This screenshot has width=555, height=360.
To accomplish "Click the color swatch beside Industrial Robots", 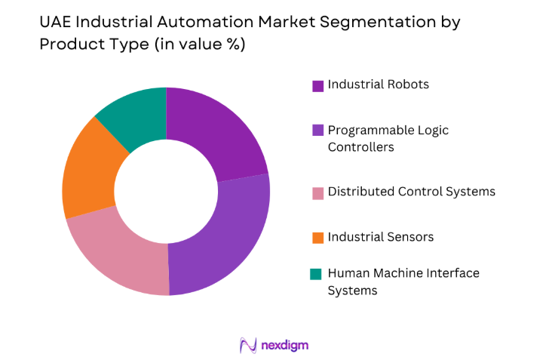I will tap(317, 85).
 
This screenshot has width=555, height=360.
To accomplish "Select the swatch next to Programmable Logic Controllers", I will tap(317, 131).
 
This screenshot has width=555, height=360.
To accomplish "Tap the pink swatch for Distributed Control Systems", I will tap(317, 192).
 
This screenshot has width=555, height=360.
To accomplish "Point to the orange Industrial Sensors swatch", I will tap(317, 238).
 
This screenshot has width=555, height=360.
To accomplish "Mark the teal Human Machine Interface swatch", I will tap(317, 274).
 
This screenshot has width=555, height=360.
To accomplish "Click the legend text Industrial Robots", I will tap(379, 85).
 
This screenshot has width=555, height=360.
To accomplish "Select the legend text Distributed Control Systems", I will tap(412, 192).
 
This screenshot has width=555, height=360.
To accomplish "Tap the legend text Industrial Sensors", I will tap(381, 238).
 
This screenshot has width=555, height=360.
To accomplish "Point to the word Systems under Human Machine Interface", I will tap(352, 291).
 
